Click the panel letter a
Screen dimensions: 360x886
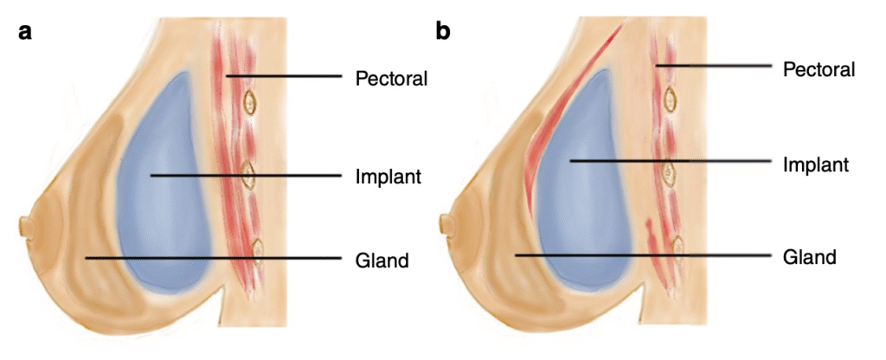26,34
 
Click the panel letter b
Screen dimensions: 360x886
442,33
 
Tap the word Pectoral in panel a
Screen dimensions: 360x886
392,78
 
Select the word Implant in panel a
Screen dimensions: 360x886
388,177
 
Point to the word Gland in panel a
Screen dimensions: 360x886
382,259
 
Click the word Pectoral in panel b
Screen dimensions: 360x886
819,67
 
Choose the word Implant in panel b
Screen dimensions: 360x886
816,163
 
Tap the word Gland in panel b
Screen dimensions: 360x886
809,256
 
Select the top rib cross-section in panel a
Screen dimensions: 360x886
250,103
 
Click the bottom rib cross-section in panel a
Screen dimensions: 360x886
257,252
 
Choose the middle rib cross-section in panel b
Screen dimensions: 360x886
670,174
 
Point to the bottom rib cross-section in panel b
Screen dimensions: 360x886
677,248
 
